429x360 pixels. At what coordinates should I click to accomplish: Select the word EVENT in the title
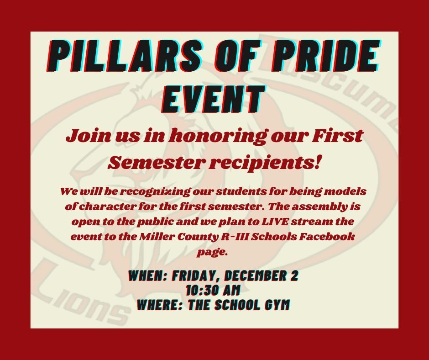[x=214, y=99]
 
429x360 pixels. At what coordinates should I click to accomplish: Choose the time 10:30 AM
[x=213, y=291]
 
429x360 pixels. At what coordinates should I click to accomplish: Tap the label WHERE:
[x=160, y=305]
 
